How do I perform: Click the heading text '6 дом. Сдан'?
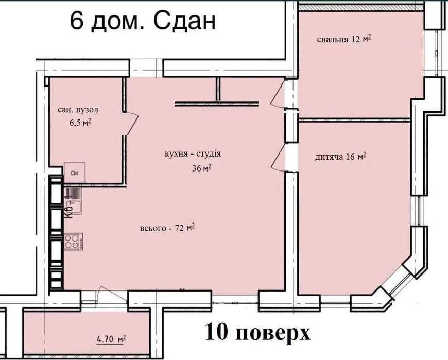pyautogui.click(x=142, y=23)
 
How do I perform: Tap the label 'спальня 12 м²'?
pyautogui.click(x=343, y=39)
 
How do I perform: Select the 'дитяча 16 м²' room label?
pyautogui.click(x=340, y=157)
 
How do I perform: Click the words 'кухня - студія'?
pyautogui.click(x=193, y=153)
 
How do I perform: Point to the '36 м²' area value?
pyautogui.click(x=201, y=168)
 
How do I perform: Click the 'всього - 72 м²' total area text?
pyautogui.click(x=167, y=228)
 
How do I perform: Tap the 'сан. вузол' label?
pyautogui.click(x=78, y=110)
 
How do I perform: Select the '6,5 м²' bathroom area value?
pyautogui.click(x=80, y=123)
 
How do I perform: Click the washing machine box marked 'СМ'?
pyautogui.click(x=74, y=173)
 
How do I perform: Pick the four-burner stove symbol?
pyautogui.click(x=73, y=241)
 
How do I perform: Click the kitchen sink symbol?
pyautogui.click(x=73, y=197)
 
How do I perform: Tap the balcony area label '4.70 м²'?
pyautogui.click(x=111, y=339)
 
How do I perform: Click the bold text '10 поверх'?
pyautogui.click(x=257, y=332)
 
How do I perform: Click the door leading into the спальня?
pyautogui.click(x=279, y=95)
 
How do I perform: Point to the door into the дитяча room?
pyautogui.click(x=279, y=157)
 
